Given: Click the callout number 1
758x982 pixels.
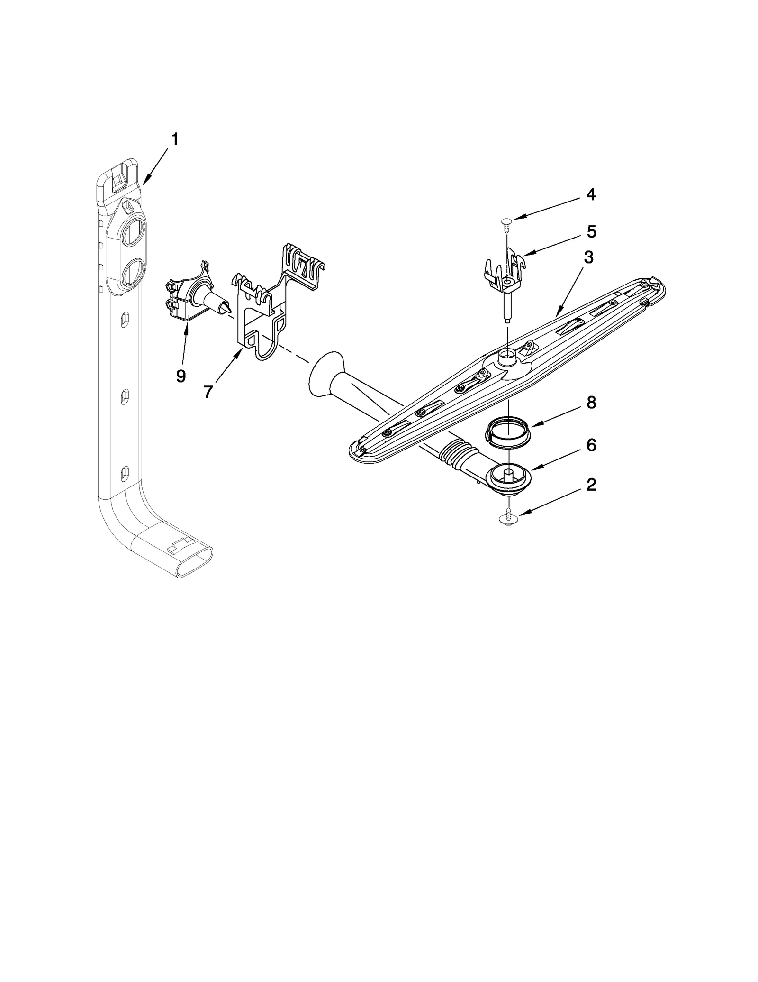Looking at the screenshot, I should (x=175, y=139).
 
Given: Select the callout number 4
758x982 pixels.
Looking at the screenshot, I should (x=590, y=194).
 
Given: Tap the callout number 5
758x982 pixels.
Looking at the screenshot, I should (x=591, y=231).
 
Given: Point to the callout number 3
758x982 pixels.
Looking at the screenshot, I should (x=588, y=257).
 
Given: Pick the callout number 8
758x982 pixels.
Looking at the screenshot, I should (x=591, y=403).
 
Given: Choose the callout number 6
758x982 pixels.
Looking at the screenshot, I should (x=591, y=445).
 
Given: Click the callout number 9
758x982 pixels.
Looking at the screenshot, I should (x=180, y=376).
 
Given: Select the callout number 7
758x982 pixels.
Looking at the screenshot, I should (x=208, y=391).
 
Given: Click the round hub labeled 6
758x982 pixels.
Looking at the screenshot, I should (x=507, y=476).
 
